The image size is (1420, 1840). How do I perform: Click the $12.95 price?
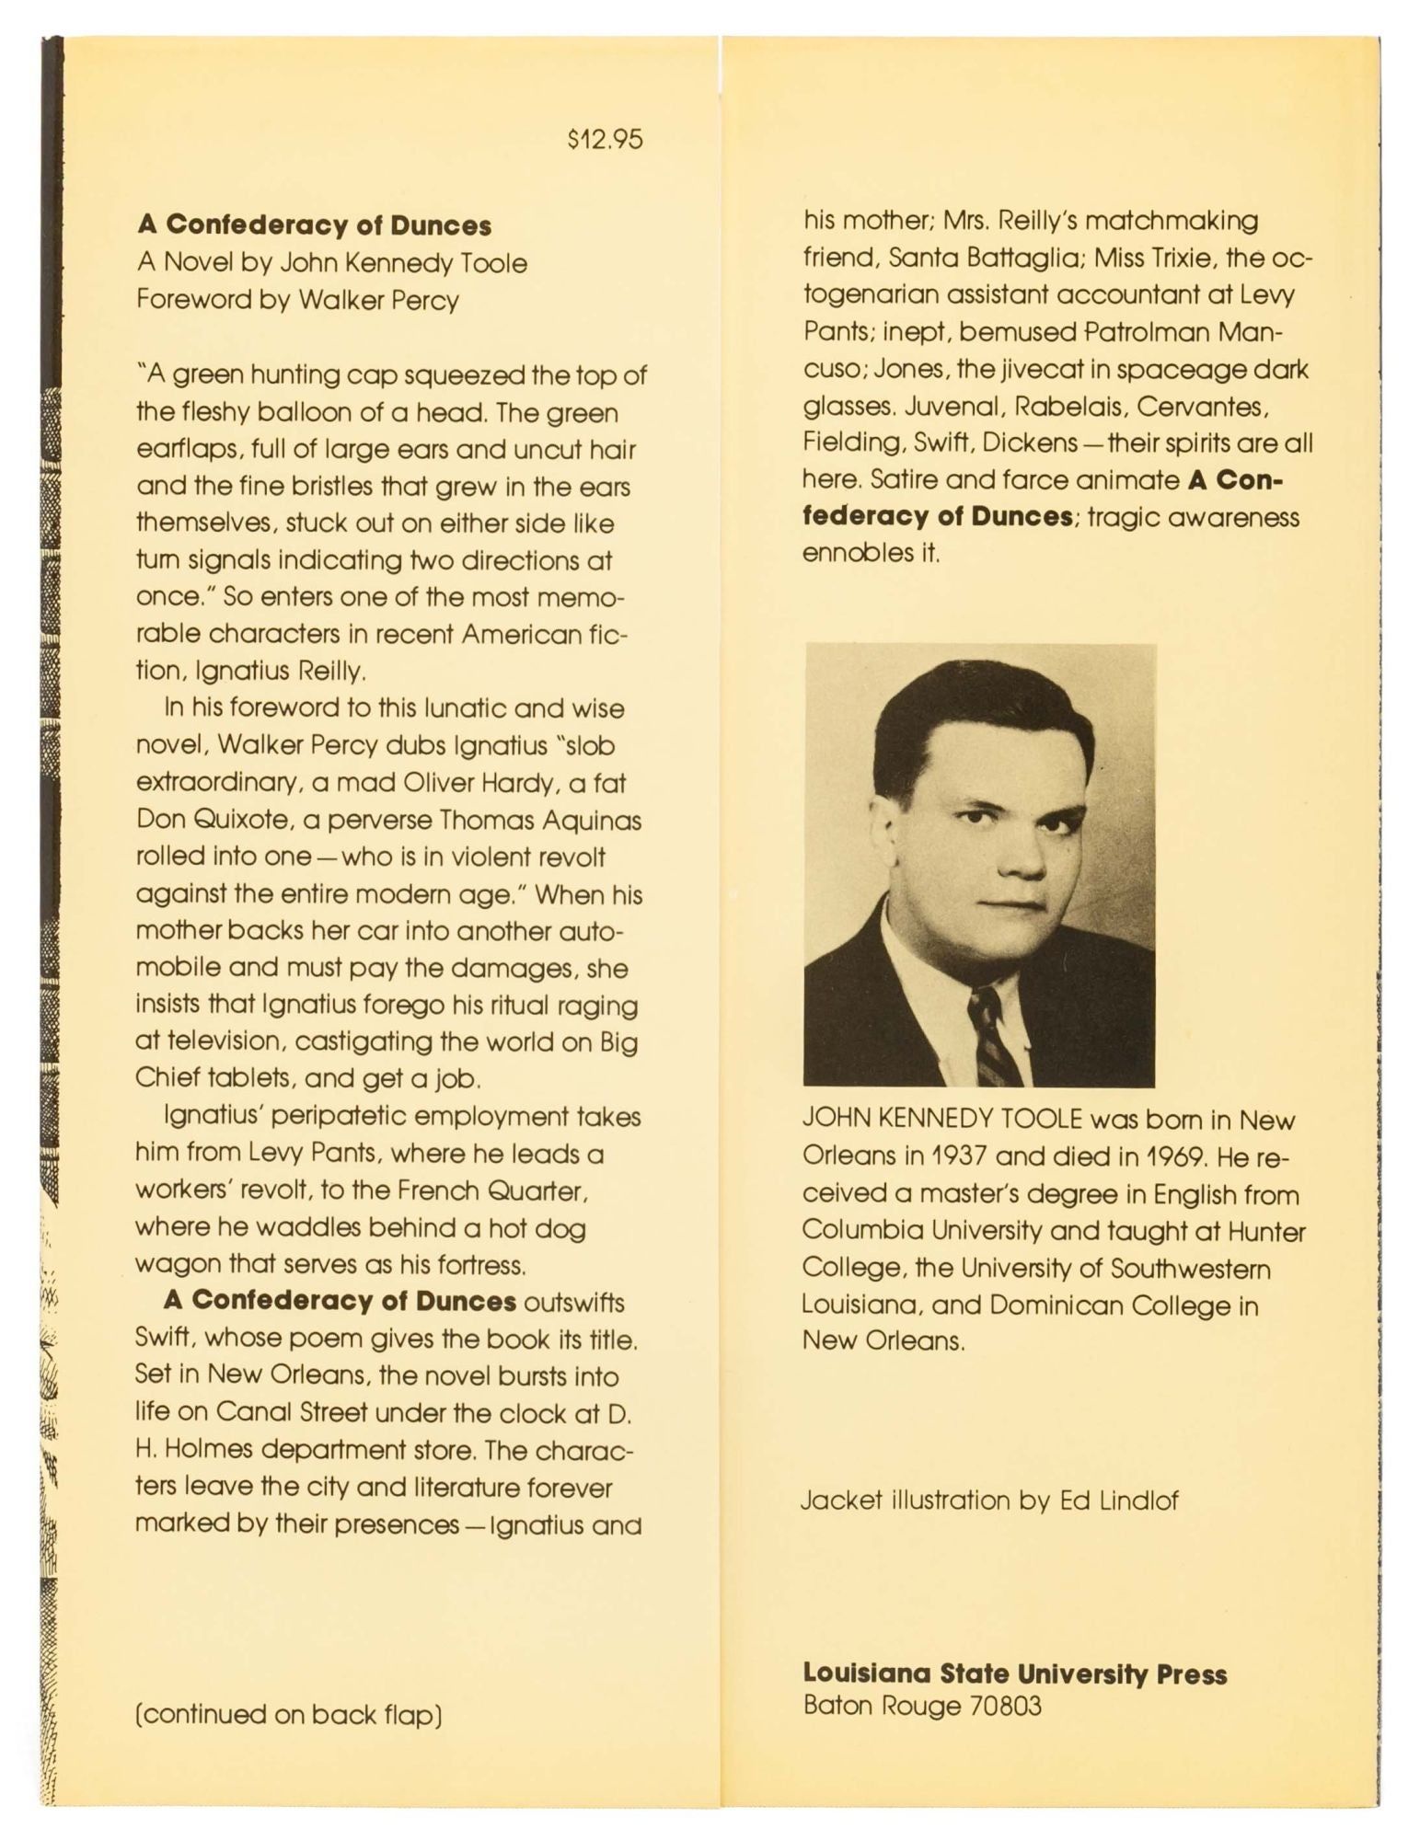coord(605,140)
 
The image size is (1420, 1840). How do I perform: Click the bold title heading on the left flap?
coord(314,225)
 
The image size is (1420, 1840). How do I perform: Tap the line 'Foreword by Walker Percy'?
coord(297,300)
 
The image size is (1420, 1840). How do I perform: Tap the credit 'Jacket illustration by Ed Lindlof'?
coord(989,1501)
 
